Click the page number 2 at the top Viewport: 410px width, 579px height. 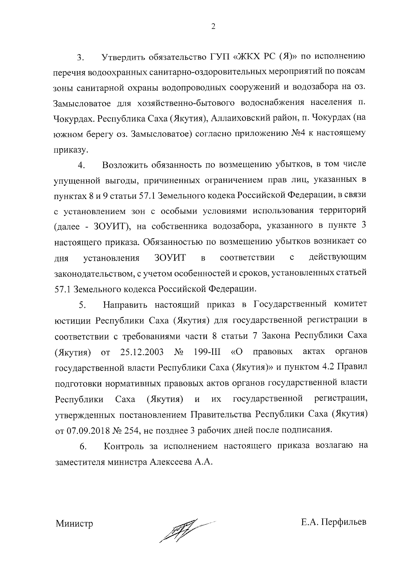(213, 27)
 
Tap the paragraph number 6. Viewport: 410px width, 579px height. (83, 448)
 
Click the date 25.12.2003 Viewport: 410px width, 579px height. (142, 352)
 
